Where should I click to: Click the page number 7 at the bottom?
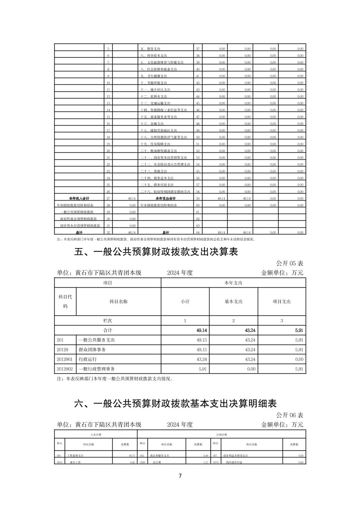tap(180, 476)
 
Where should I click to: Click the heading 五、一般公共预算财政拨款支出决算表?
tap(156, 251)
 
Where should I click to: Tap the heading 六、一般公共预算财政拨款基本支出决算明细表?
tap(175, 404)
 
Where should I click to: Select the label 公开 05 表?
tap(290, 264)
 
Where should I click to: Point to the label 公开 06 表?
tap(290, 415)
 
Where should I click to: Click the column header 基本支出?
tap(233, 301)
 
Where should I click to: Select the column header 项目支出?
tap(282, 301)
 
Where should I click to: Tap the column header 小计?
tap(185, 301)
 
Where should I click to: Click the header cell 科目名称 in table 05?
tap(118, 301)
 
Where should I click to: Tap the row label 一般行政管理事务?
tap(97, 369)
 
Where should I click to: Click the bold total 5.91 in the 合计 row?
tap(299, 330)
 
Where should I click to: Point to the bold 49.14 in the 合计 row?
tap(201, 330)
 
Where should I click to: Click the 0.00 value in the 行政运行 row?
tap(299, 359)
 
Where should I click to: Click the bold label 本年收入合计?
tap(79, 199)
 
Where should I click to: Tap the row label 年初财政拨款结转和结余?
tap(75, 205)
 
